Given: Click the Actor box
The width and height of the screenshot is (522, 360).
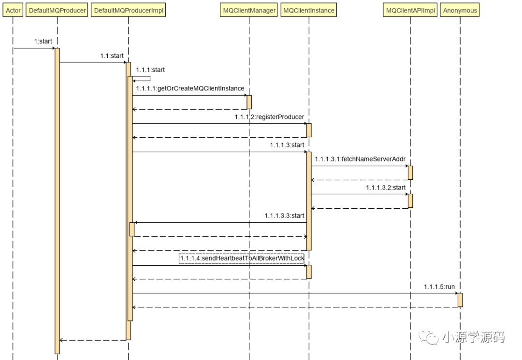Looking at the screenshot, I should tap(14, 10).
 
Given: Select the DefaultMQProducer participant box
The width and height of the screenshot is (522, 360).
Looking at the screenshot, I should tap(57, 10).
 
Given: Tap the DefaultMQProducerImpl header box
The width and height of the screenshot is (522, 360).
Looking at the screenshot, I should tap(128, 10).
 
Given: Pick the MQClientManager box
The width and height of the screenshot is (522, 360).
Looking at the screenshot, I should tap(249, 10).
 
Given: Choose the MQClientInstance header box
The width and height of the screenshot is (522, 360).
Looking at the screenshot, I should tap(308, 10).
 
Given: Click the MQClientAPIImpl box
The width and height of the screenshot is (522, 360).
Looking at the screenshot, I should tap(410, 10).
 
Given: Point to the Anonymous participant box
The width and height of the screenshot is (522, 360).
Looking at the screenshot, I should tap(460, 10).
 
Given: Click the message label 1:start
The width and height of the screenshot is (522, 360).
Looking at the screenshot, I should tap(43, 42).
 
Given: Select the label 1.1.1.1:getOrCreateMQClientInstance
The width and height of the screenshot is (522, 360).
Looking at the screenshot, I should tap(190, 89).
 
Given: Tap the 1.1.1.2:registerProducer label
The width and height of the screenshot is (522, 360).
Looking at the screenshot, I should tap(269, 117).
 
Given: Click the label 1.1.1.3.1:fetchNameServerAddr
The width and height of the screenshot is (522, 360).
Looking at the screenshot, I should tap(360, 159).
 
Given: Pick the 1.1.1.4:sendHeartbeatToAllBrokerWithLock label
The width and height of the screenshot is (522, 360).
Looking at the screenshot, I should tap(242, 259).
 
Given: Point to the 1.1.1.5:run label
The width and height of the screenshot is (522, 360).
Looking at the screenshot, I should tap(439, 287).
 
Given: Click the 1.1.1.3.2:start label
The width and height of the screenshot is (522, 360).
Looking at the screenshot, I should tap(386, 187).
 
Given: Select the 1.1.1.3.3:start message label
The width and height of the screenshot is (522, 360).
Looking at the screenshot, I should tap(284, 216).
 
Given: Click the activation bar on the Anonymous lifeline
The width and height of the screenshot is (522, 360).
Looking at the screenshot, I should tap(460, 300).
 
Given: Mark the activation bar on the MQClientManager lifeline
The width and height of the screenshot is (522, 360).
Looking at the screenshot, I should tap(249, 102).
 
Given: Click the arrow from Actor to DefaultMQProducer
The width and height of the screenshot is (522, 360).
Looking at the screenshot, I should tap(34, 48).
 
